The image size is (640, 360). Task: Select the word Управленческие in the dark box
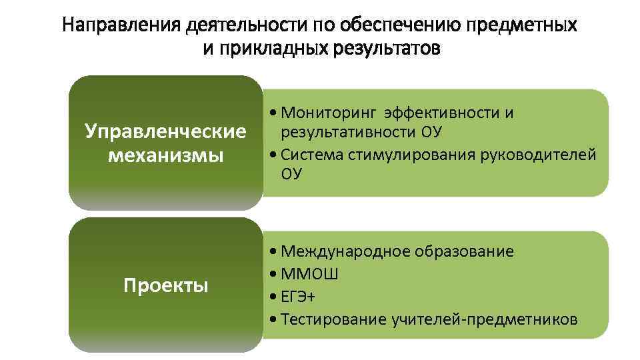165,131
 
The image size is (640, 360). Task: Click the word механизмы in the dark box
165,157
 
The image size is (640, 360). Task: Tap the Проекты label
165,285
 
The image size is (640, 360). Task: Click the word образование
464,251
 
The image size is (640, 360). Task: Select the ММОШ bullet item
310,274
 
